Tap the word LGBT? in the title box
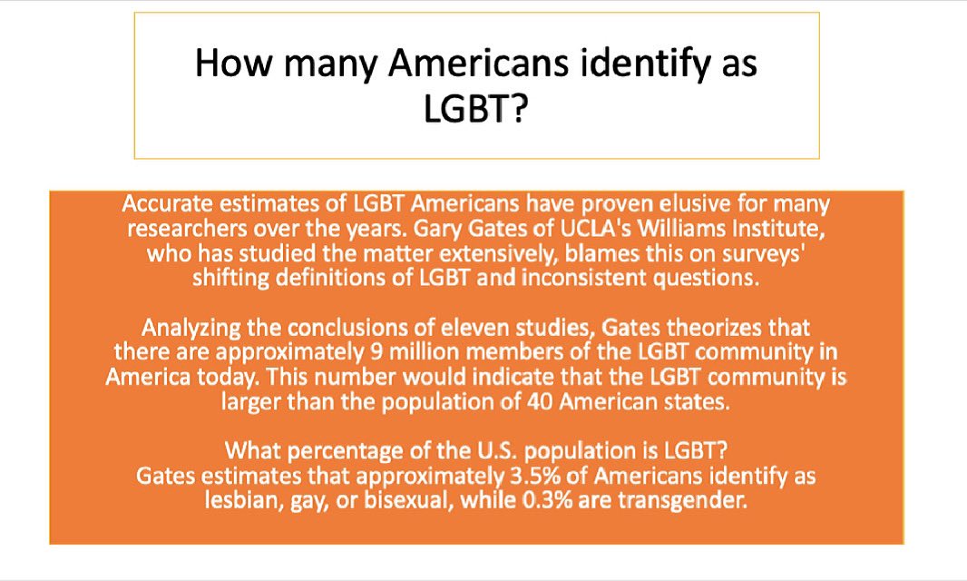pyautogui.click(x=476, y=110)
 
